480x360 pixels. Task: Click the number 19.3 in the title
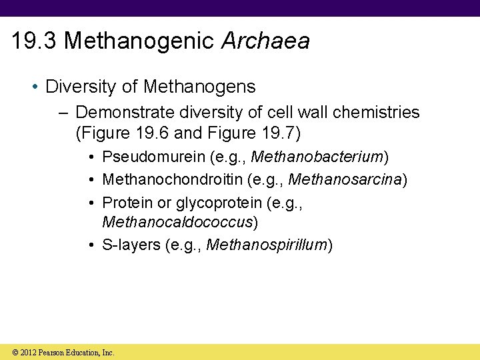point(35,42)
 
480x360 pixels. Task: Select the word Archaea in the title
point(265,42)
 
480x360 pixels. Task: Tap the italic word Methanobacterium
point(316,158)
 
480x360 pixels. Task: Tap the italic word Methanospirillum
point(267,245)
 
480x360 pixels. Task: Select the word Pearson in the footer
point(52,352)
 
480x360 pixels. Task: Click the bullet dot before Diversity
point(38,87)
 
